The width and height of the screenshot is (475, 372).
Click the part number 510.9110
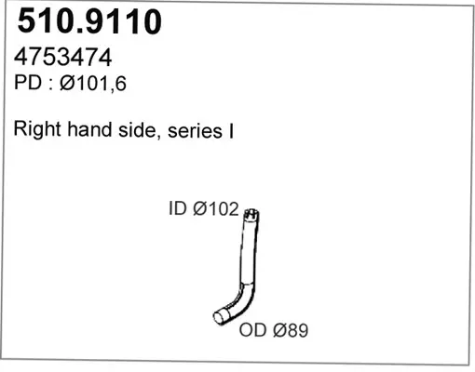pyautogui.click(x=89, y=21)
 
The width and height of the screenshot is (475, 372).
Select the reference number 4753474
pyautogui.click(x=62, y=57)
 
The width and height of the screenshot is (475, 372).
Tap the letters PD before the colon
pyautogui.click(x=28, y=83)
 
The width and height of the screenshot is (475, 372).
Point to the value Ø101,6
pyautogui.click(x=93, y=84)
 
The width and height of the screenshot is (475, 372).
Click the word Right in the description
pyautogui.click(x=37, y=129)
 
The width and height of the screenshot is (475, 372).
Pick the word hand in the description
pyautogui.click(x=89, y=129)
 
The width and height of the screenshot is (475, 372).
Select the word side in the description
pyautogui.click(x=137, y=130)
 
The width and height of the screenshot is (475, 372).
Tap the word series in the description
pyautogui.click(x=195, y=131)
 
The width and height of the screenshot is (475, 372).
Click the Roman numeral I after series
pyautogui.click(x=231, y=131)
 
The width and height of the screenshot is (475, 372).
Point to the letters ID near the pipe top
pyautogui.click(x=178, y=208)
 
